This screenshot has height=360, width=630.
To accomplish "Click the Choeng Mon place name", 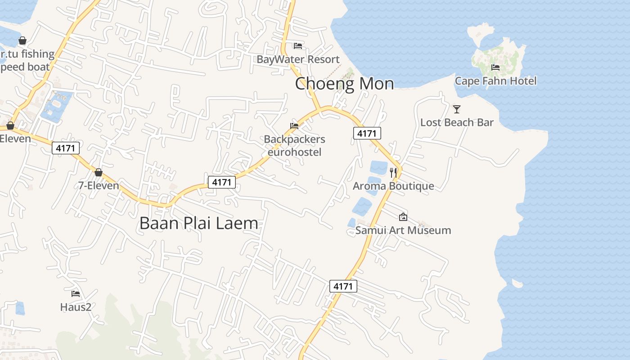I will [344, 84].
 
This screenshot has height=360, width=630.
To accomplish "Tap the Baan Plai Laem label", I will [198, 223].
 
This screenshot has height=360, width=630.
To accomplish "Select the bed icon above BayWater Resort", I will [298, 45].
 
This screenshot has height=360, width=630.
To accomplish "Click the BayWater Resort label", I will [298, 59].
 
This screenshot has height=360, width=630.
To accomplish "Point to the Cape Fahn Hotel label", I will [495, 81].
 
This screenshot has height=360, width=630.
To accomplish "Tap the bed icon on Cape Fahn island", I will [495, 67].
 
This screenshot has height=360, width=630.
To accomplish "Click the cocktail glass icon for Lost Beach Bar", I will [457, 109].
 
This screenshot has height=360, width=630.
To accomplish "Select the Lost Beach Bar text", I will [457, 122].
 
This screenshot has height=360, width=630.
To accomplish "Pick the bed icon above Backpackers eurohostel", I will [294, 126].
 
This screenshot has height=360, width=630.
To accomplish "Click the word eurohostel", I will [294, 152].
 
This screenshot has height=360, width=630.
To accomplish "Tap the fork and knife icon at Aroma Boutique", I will [393, 172].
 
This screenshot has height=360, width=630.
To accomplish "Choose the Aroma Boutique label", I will [393, 186].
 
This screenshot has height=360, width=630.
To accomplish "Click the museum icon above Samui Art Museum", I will [403, 217].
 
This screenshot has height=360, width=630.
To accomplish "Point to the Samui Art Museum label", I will [403, 230].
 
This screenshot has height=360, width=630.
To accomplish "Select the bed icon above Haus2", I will [76, 294].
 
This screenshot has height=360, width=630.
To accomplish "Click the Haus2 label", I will [76, 307].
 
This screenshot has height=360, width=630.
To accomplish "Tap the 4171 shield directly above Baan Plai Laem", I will [221, 182].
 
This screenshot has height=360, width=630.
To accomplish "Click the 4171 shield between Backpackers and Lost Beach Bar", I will [367, 133].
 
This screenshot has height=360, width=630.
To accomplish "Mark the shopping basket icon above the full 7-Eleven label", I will [99, 172].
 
